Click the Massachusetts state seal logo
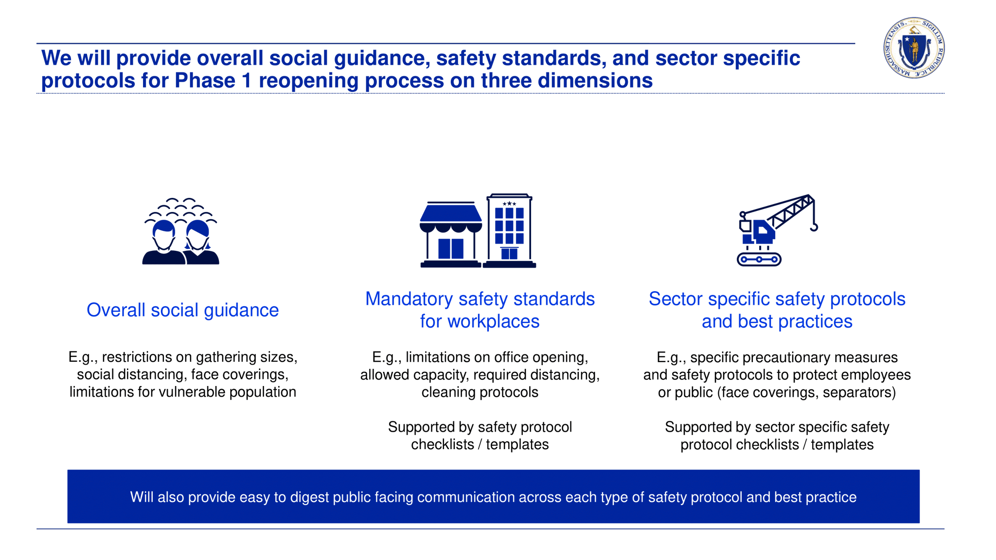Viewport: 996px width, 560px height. [x=914, y=48]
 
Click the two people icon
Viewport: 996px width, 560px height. [x=181, y=231]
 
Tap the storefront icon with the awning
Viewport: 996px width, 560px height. [x=451, y=235]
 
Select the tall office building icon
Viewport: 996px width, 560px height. [x=509, y=231]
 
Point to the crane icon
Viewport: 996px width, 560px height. [x=777, y=230]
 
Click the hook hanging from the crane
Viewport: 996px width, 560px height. [x=814, y=227]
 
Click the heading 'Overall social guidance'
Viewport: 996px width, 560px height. [x=182, y=310]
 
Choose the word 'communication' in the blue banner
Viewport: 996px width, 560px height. [x=466, y=497]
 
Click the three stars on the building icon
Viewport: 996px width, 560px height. [x=509, y=204]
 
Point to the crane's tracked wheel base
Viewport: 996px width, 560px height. [x=759, y=260]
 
